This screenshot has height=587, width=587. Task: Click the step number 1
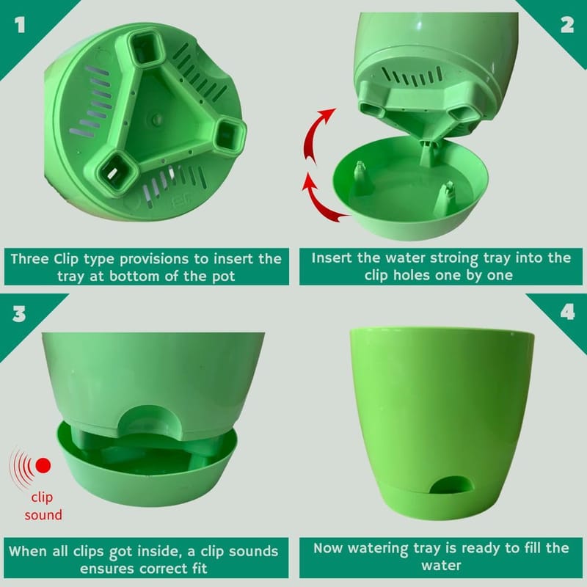pos(20,25)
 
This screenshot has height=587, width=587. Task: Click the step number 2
pos(567,25)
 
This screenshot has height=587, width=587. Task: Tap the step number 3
pos(19,313)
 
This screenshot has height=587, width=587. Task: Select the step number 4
pos(568,312)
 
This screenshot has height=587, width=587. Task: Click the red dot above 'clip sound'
pos(43,465)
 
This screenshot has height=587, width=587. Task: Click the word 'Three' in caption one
pos(29,259)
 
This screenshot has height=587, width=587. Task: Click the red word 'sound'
pos(43,515)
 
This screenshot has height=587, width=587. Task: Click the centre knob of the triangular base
pos(157,120)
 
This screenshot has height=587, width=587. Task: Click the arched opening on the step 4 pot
pos(451,485)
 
